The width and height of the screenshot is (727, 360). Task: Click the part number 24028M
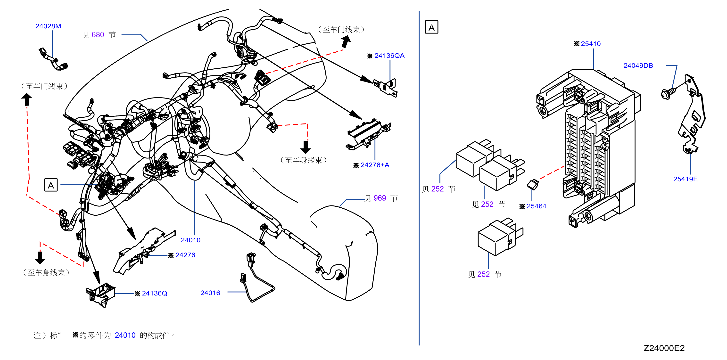(x=48, y=26)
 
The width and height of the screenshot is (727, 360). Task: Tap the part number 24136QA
(x=389, y=56)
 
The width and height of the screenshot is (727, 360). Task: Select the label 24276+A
(x=375, y=165)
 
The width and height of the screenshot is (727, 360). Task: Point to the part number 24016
(x=210, y=293)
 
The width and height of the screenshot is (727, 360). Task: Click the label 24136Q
(x=154, y=294)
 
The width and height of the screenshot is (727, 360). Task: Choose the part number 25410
(x=591, y=44)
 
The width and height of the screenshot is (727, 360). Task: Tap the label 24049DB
(x=638, y=65)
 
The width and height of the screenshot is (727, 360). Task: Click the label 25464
(x=536, y=206)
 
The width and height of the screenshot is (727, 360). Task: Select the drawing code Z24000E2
(x=664, y=348)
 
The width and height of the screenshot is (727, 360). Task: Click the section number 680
(x=98, y=35)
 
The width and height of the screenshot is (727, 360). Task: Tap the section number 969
(x=380, y=198)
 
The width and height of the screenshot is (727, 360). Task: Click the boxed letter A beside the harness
(x=51, y=185)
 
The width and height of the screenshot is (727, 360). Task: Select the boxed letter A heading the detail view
(x=431, y=27)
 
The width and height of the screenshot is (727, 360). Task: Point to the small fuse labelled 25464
(x=533, y=184)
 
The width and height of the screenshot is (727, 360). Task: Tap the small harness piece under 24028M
(x=53, y=59)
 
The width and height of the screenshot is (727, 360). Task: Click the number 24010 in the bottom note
(x=125, y=335)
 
